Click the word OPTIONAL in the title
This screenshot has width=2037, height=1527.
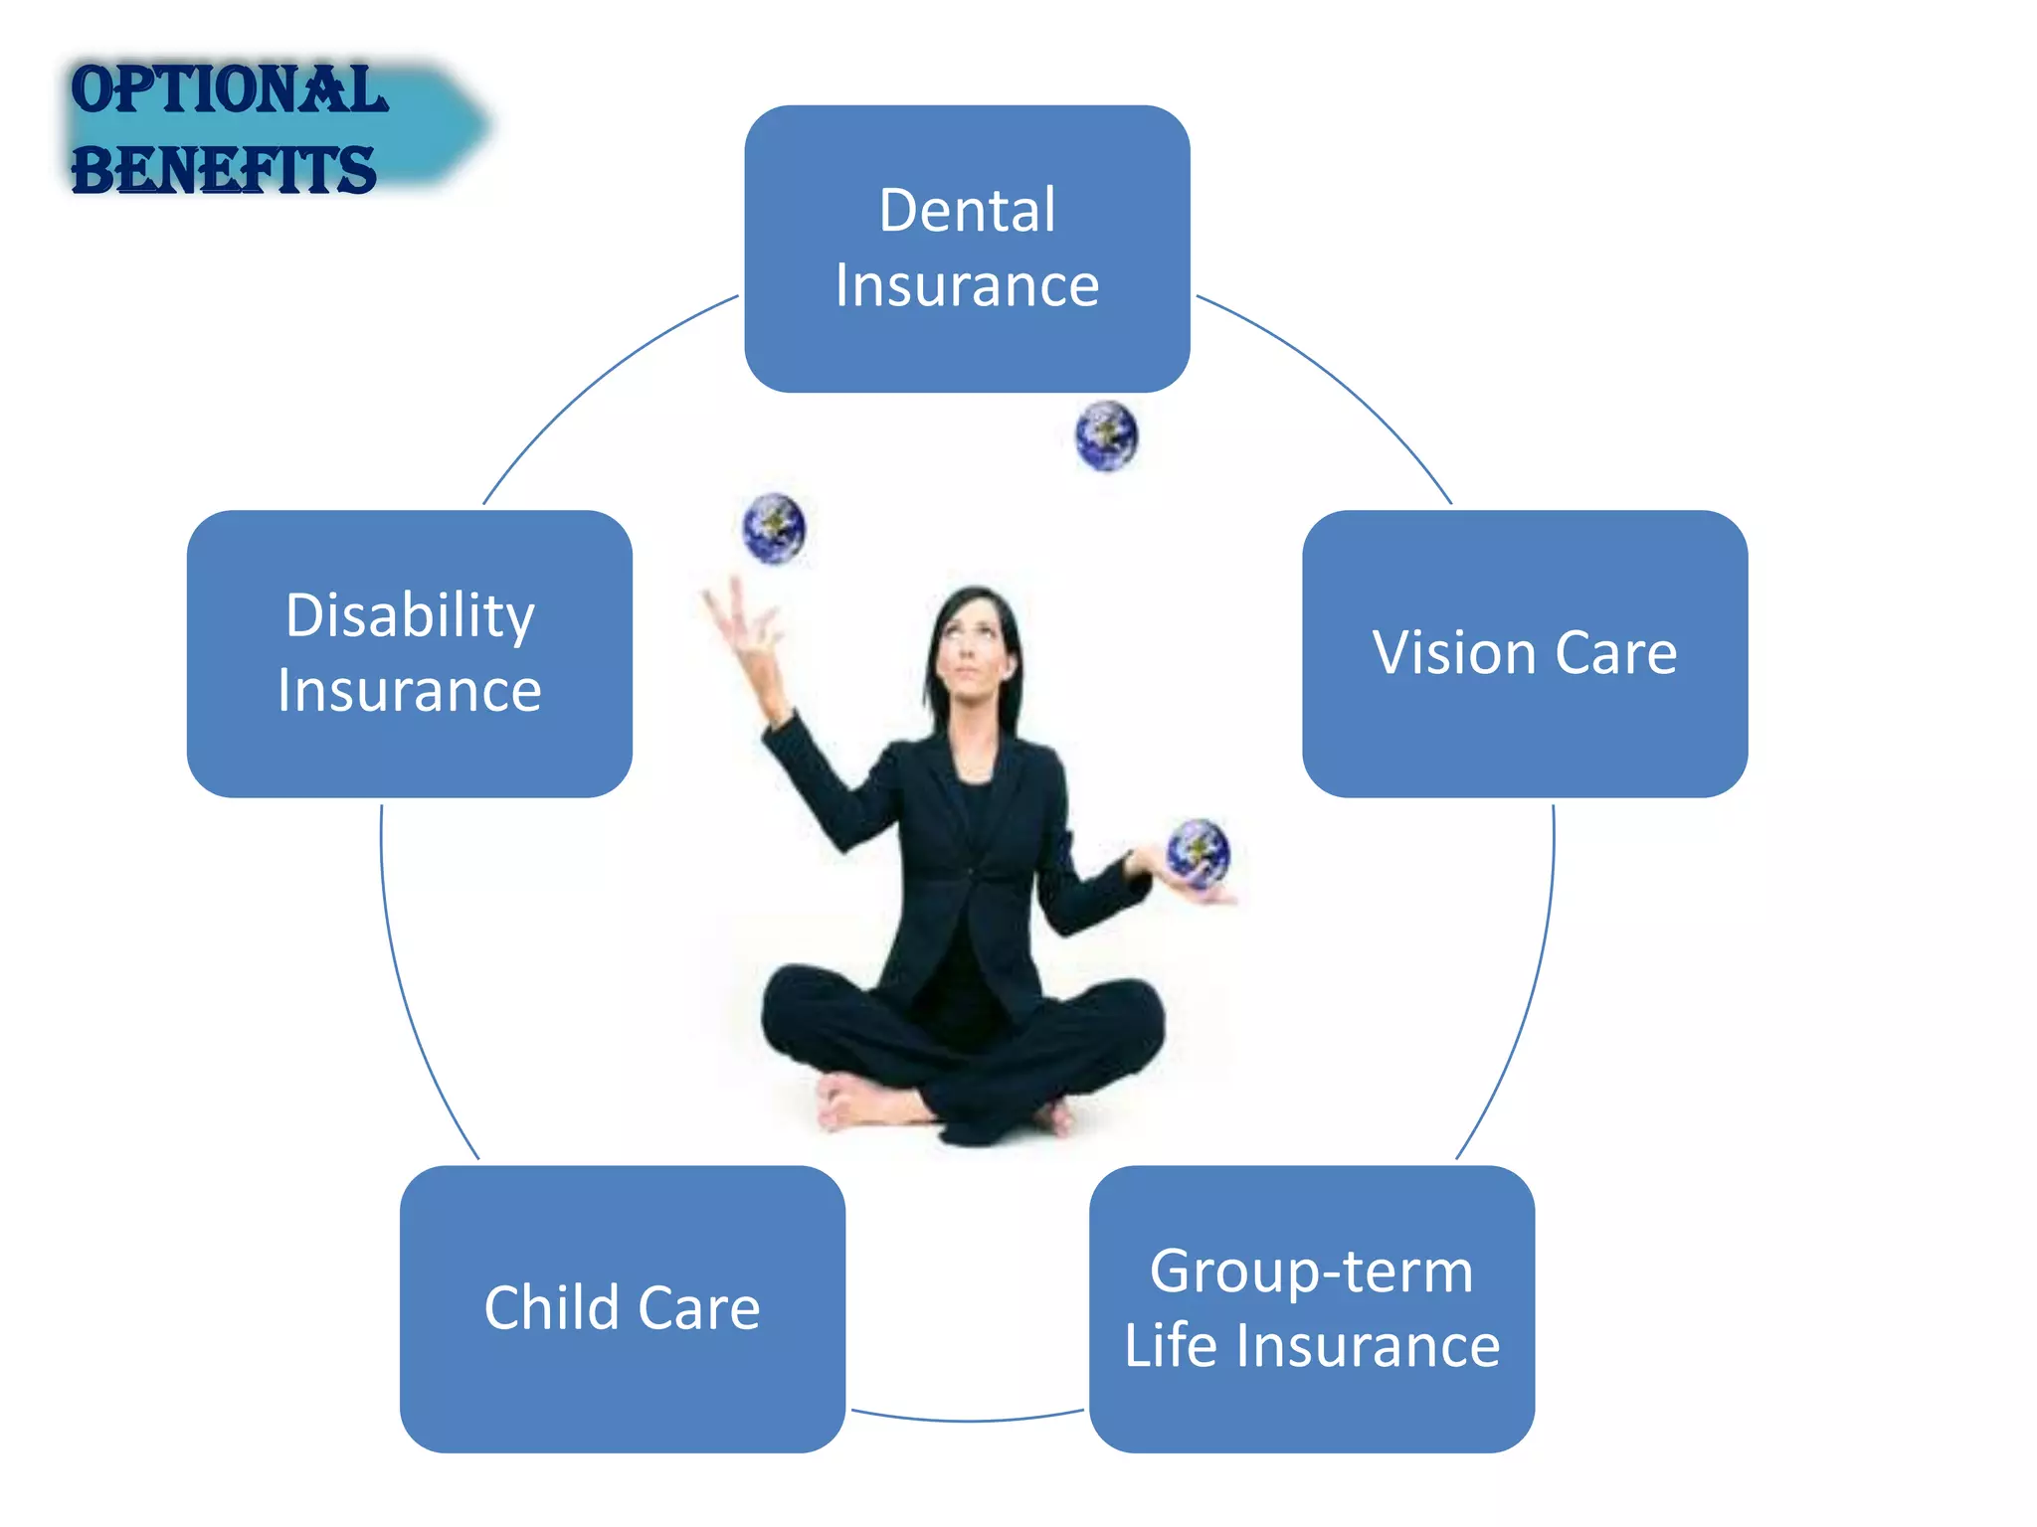tap(229, 90)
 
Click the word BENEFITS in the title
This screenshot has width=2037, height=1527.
tap(224, 170)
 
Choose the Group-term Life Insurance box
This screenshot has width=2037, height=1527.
tap(1311, 1412)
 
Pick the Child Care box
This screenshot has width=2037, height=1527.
tap(623, 1392)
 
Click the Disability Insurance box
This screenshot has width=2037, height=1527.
tap(409, 756)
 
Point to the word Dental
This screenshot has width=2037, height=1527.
tap(967, 211)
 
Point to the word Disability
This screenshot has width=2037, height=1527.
tap(409, 615)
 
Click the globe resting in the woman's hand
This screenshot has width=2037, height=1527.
tap(1198, 853)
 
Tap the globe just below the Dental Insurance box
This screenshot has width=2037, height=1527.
tap(1106, 435)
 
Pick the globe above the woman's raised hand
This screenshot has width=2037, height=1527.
tap(774, 528)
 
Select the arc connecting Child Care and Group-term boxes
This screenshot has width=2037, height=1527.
tap(967, 1420)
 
